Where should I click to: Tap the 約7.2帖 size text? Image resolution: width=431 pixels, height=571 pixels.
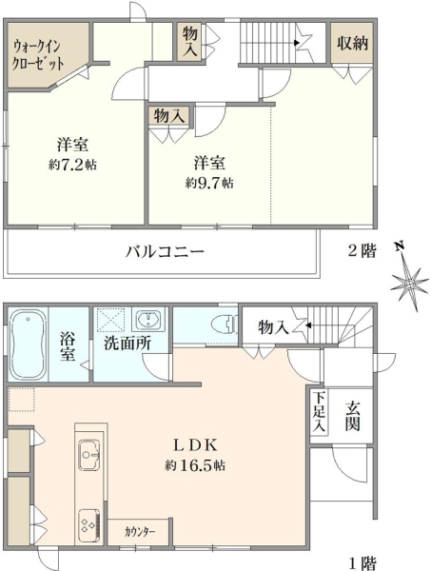point(72,165)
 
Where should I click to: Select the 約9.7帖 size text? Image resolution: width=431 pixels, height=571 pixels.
point(209,183)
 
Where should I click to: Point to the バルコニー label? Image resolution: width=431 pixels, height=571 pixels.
point(165,251)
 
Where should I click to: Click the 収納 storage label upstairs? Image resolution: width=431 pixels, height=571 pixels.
point(352,44)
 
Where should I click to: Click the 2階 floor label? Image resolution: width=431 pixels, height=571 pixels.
point(362,250)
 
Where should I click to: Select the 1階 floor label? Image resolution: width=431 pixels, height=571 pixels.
point(362,563)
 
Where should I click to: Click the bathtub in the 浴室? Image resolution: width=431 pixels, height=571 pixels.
point(29,345)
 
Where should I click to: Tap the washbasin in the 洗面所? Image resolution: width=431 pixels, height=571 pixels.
point(148,320)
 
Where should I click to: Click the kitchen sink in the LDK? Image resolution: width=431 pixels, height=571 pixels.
point(89,455)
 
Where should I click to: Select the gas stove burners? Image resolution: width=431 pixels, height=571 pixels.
point(89,524)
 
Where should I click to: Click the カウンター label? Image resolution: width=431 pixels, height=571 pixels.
point(140,532)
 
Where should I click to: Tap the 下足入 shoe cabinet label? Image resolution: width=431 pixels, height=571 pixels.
point(319,411)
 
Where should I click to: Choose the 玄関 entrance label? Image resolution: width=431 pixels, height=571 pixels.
point(352,416)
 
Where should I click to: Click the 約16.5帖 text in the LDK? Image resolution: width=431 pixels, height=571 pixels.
point(195,465)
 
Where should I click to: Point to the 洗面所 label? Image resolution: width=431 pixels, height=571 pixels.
point(127,343)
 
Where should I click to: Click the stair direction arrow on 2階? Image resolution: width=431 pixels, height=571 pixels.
point(297,43)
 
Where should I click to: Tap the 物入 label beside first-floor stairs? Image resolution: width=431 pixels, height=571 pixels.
point(274,327)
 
